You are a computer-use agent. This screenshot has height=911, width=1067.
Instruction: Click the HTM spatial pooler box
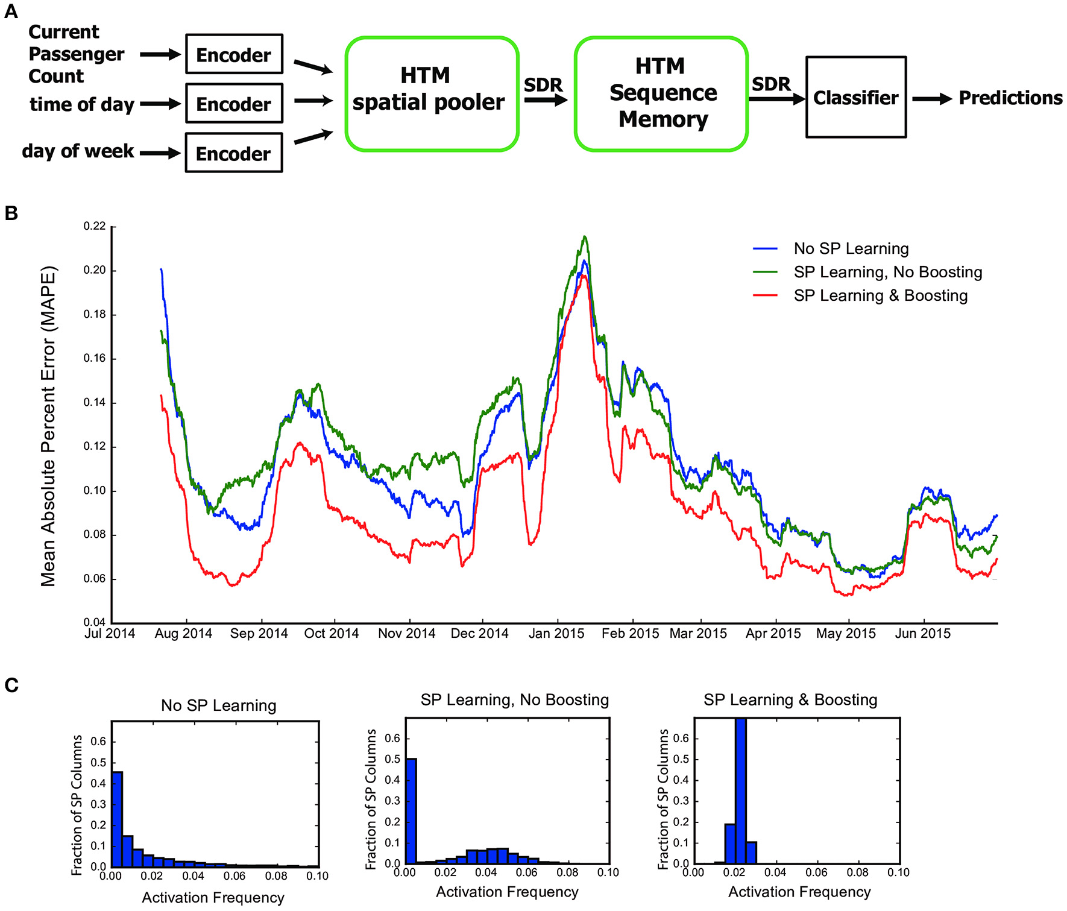pyautogui.click(x=432, y=93)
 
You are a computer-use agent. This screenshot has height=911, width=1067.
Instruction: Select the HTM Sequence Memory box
pyautogui.click(x=661, y=93)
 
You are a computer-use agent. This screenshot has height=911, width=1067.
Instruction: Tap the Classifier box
pyautogui.click(x=855, y=97)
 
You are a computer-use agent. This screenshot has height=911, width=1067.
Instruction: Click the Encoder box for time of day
pyautogui.click(x=234, y=104)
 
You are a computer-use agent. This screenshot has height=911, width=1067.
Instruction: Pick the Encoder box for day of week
pyautogui.click(x=234, y=153)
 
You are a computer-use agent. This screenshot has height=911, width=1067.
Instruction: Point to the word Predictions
pyautogui.click(x=1010, y=98)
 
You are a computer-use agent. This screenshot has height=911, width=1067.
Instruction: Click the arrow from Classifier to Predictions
pyautogui.click(x=931, y=98)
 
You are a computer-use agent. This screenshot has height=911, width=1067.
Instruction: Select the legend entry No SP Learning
pyautogui.click(x=851, y=248)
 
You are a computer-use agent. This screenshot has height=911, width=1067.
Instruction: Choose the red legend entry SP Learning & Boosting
pyautogui.click(x=880, y=295)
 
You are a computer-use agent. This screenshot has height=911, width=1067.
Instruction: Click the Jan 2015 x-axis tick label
pyautogui.click(x=556, y=634)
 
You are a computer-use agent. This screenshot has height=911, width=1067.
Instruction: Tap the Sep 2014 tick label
pyautogui.click(x=259, y=634)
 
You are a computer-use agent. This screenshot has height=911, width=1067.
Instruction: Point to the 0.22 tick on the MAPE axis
pyautogui.click(x=95, y=226)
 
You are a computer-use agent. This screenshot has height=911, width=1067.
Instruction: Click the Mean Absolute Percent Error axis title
pyautogui.click(x=48, y=426)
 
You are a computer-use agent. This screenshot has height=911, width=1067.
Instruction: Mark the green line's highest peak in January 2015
pyautogui.click(x=584, y=237)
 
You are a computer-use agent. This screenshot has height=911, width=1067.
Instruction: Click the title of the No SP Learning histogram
pyautogui.click(x=218, y=705)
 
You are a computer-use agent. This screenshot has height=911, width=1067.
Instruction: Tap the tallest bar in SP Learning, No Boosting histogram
pyautogui.click(x=411, y=811)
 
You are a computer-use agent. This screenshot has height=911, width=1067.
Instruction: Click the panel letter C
pyautogui.click(x=11, y=686)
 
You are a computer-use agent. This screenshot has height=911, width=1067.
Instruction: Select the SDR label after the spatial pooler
pyautogui.click(x=543, y=85)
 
